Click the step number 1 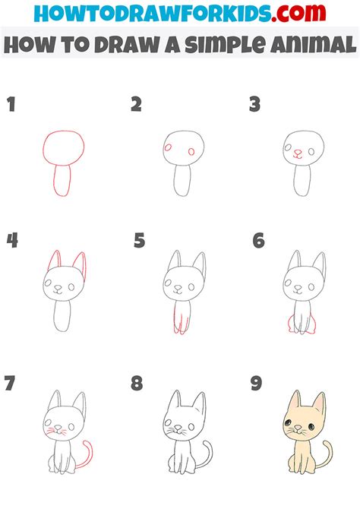tap(11, 104)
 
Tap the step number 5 tap(139, 241)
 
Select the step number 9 tap(257, 383)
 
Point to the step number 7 tap(10, 383)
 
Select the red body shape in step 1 tap(62, 182)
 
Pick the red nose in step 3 tap(298, 152)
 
